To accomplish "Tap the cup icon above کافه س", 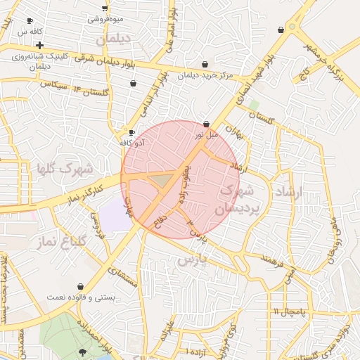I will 29,21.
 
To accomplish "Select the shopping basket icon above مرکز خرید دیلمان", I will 205,64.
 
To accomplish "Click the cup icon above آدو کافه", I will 131,132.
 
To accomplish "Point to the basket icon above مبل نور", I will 206,124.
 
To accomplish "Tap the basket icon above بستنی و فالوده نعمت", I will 81,287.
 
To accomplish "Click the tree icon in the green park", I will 83,352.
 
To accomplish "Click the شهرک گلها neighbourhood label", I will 65,169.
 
